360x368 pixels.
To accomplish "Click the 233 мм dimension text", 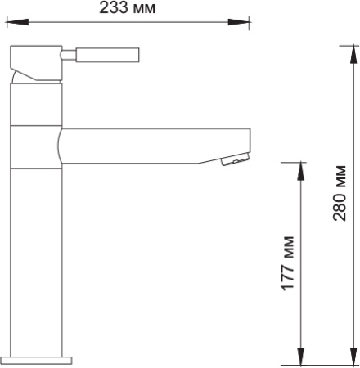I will pyautogui.click(x=127, y=9).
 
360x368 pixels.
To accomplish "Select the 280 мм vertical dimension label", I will pyautogui.click(x=340, y=194).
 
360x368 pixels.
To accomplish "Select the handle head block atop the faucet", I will pyautogui.click(x=34, y=63).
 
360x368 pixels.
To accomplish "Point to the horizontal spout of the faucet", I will pyautogui.click(x=155, y=145).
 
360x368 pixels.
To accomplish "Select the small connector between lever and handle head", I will pyautogui.click(x=69, y=56).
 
